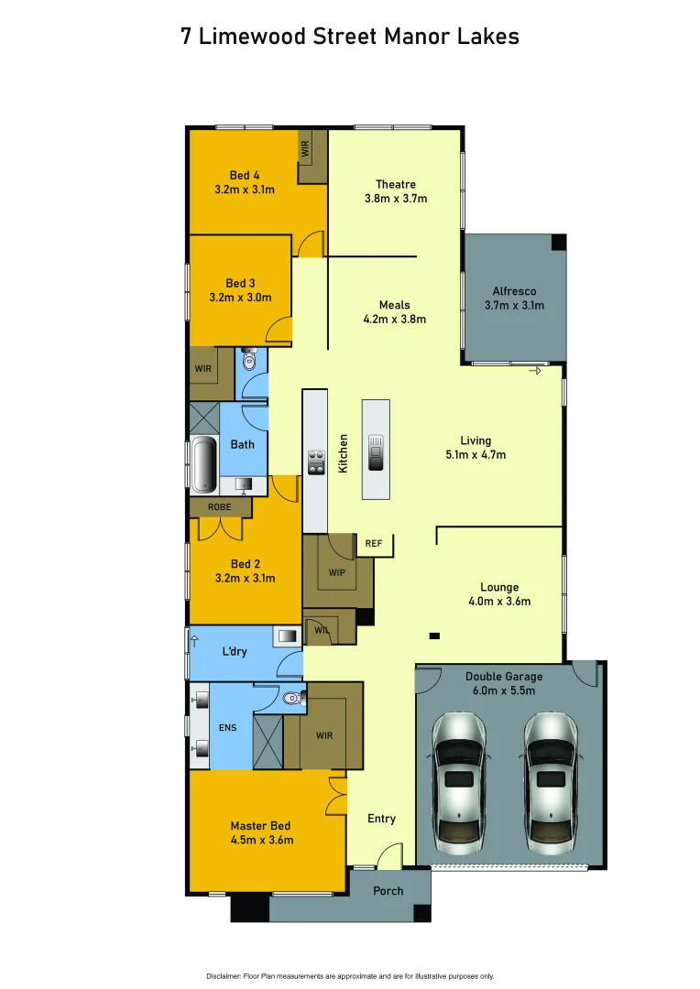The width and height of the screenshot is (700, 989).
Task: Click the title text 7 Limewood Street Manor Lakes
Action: click(x=350, y=37)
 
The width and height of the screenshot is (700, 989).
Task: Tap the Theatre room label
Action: click(x=396, y=184)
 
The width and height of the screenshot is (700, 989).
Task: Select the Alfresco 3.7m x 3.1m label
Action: click(x=514, y=299)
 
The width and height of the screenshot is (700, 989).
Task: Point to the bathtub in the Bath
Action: click(x=203, y=462)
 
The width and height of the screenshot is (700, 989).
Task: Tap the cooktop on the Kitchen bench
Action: click(x=316, y=462)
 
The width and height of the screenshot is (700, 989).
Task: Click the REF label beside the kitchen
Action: click(x=374, y=544)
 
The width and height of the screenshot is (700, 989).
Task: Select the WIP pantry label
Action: click(x=336, y=573)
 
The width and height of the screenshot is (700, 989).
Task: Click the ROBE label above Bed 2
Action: click(x=219, y=506)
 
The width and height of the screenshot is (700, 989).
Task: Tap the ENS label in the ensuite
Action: click(x=227, y=729)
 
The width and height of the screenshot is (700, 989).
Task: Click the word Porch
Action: click(x=388, y=891)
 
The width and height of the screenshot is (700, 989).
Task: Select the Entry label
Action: click(x=382, y=818)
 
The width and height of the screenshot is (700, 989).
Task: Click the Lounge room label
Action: click(x=499, y=587)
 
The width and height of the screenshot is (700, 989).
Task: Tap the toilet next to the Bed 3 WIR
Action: click(x=249, y=361)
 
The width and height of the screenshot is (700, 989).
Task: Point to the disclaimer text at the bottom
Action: click(x=350, y=975)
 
